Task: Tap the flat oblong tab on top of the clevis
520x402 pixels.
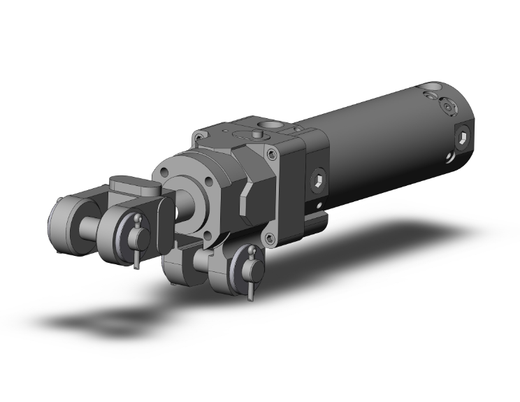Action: (x=133, y=187)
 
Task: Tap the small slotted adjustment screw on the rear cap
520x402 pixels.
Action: (x=447, y=108)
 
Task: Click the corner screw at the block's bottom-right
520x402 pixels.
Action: (x=270, y=240)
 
